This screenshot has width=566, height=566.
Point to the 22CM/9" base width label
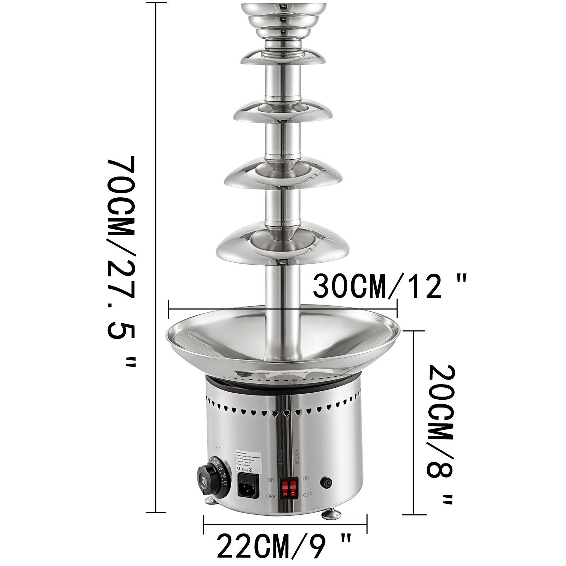(284, 549)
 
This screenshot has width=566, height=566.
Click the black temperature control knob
(207, 479)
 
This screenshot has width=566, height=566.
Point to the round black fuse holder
(326, 482)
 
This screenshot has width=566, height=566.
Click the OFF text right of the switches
(307, 495)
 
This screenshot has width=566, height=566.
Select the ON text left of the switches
(271, 480)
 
